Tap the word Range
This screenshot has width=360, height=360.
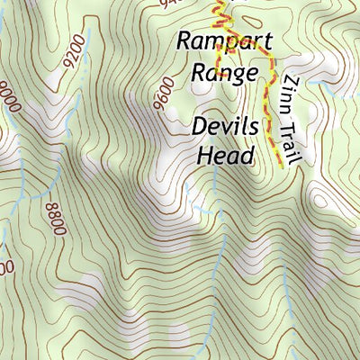(223, 73)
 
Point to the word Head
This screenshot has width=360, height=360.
(225, 154)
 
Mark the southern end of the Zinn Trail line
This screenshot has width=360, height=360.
(281, 168)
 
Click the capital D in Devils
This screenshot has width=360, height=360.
(200, 126)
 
